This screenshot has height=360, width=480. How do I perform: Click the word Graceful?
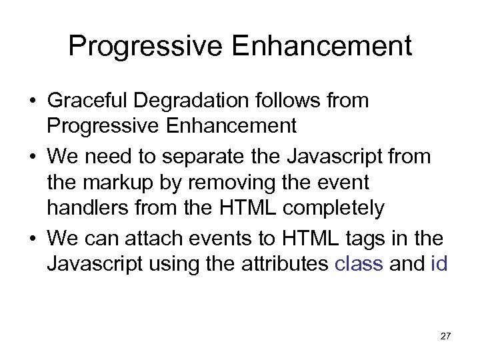click(x=89, y=101)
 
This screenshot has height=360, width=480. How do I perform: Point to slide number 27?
click(x=445, y=336)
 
